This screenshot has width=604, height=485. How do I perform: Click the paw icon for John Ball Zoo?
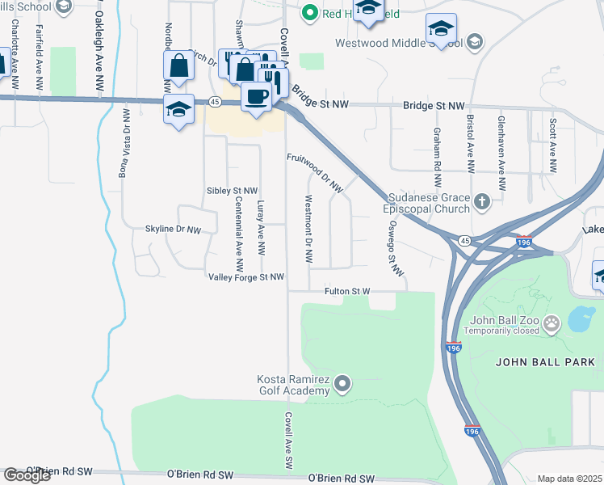pos(552,325)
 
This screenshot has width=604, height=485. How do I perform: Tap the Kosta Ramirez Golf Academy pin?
pos(342,382)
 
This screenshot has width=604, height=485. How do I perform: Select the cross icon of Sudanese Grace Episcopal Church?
pos(482,201)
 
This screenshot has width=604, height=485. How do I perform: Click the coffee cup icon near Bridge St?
pos(256,97)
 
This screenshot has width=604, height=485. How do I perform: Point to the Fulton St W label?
pos(347,291)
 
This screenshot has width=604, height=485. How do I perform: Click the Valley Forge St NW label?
pos(246,277)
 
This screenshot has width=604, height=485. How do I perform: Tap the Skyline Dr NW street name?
pos(172,230)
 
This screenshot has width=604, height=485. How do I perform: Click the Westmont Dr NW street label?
pos(308,229)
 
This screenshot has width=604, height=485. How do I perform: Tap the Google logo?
pos(27,475)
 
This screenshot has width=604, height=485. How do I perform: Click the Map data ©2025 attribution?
pos(569,479)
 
